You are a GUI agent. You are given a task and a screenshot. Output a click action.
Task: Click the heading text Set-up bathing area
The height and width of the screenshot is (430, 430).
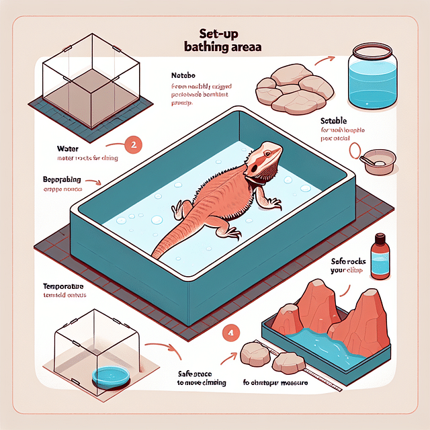tap(215, 41)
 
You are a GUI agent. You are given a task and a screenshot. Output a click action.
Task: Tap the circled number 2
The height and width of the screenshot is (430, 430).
tap(134, 143)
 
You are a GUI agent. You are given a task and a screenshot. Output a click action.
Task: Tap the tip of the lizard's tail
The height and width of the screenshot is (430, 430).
tap(154, 255)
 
